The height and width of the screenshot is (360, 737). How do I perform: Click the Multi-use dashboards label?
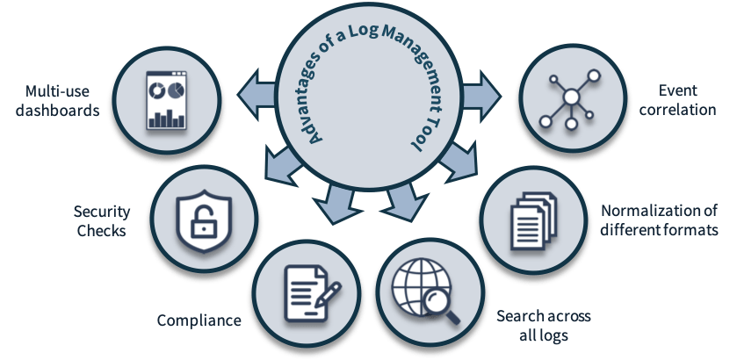click(x=61, y=101)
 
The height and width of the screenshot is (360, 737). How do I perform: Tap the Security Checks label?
click(x=102, y=220)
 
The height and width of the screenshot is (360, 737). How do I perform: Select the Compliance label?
click(x=199, y=320)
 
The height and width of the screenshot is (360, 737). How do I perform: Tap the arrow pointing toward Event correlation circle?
click(x=477, y=91)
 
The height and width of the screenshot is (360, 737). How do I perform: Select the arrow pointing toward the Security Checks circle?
click(x=279, y=163)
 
